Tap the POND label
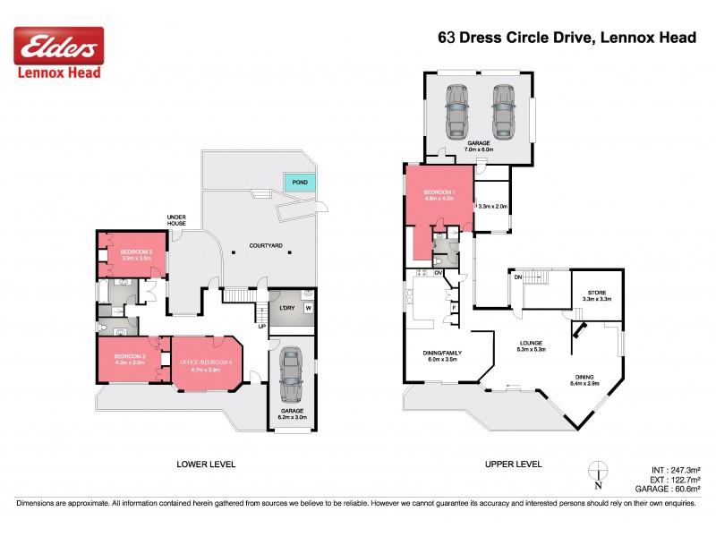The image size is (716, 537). [300, 182]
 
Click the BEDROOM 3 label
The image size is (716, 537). [136, 252]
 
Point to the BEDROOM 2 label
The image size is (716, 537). [129, 357]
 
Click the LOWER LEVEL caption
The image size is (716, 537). [206, 465]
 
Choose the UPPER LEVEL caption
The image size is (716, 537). [514, 465]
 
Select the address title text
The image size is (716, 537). [567, 38]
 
